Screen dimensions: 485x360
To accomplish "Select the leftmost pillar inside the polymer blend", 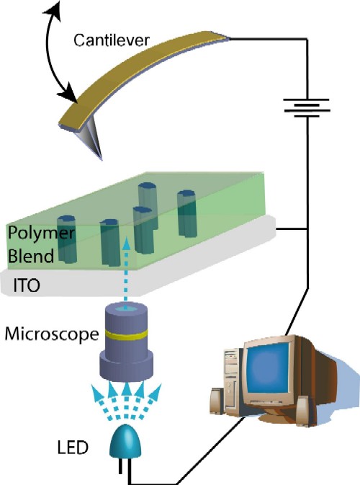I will click(66, 237).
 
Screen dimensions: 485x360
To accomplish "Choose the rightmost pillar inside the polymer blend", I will click(186, 213).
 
